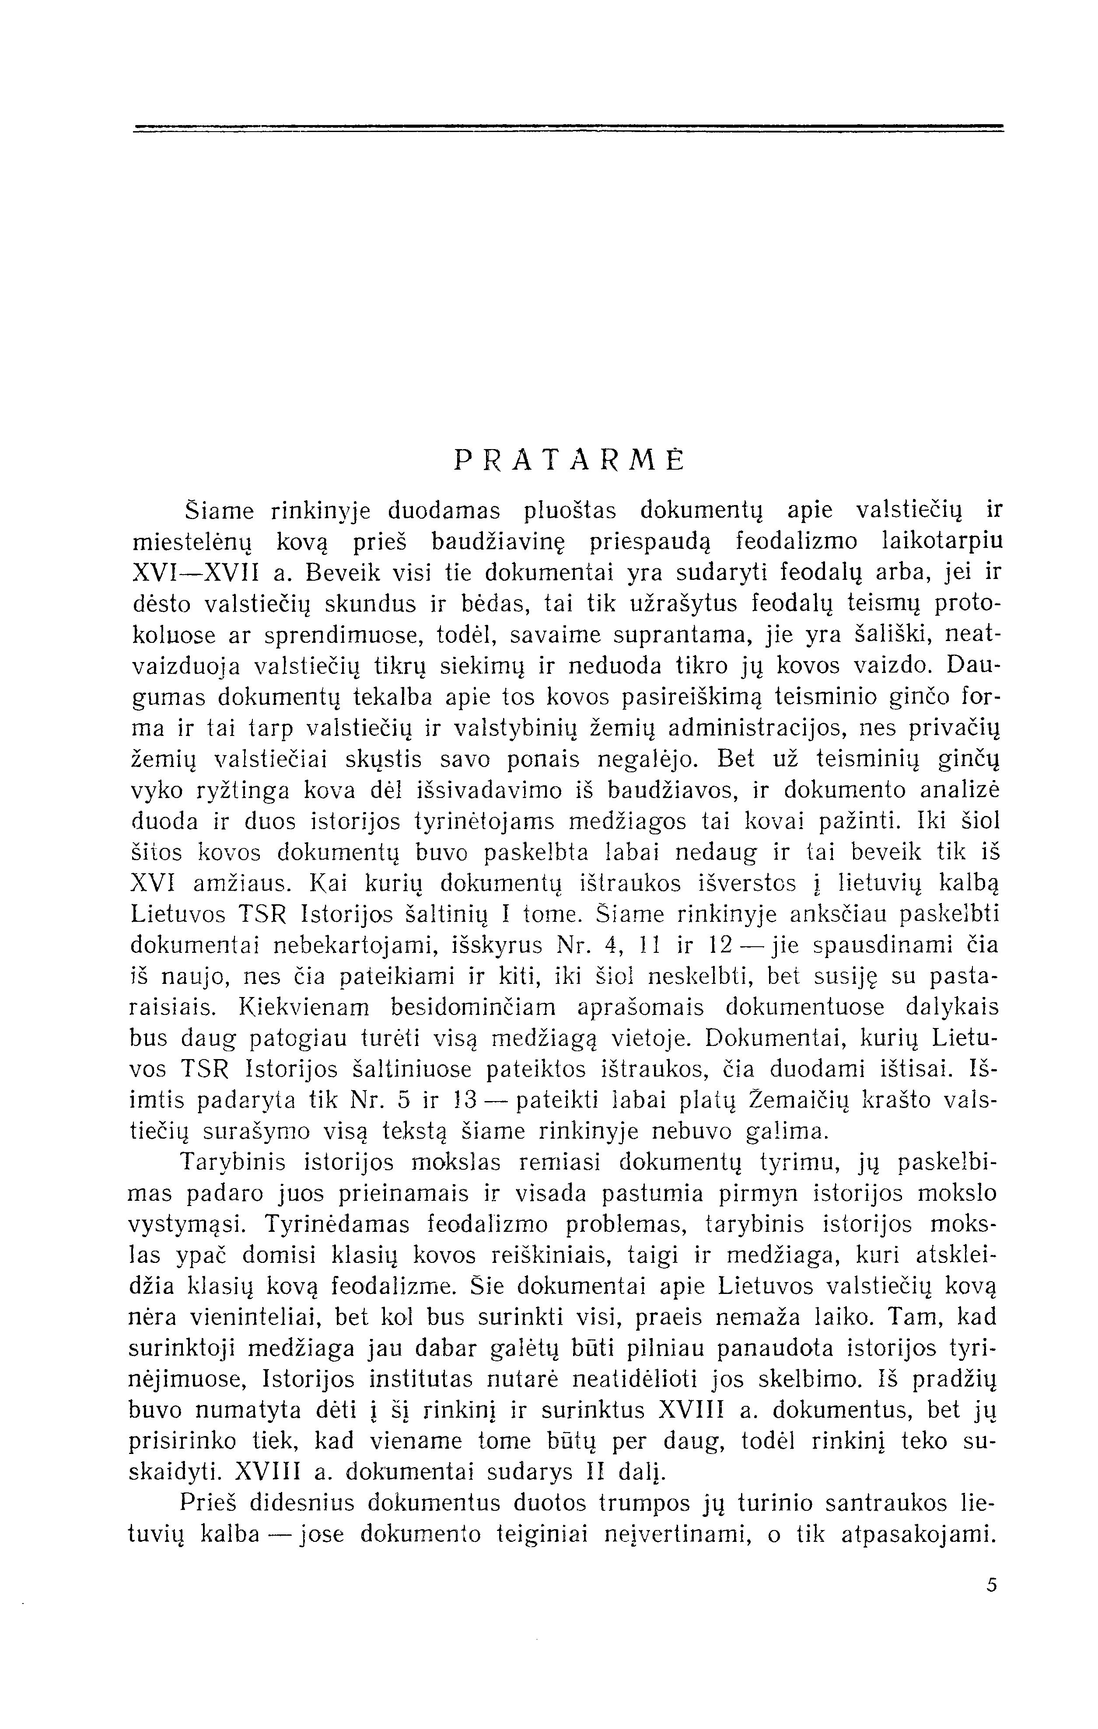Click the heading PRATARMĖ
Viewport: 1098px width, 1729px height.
coord(570,460)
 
